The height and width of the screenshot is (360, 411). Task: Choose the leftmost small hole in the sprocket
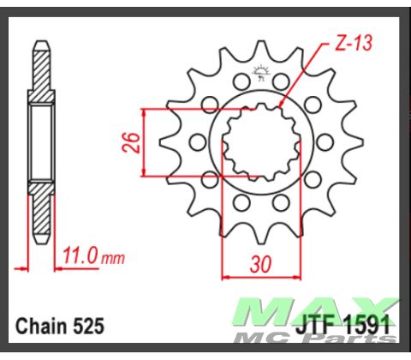point(195,141)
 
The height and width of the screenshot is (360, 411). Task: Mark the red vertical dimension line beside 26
point(145,142)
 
